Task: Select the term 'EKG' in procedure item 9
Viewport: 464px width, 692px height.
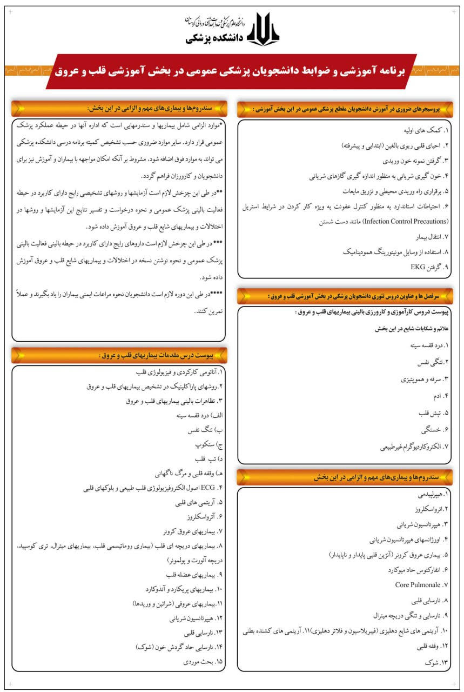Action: (418, 267)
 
